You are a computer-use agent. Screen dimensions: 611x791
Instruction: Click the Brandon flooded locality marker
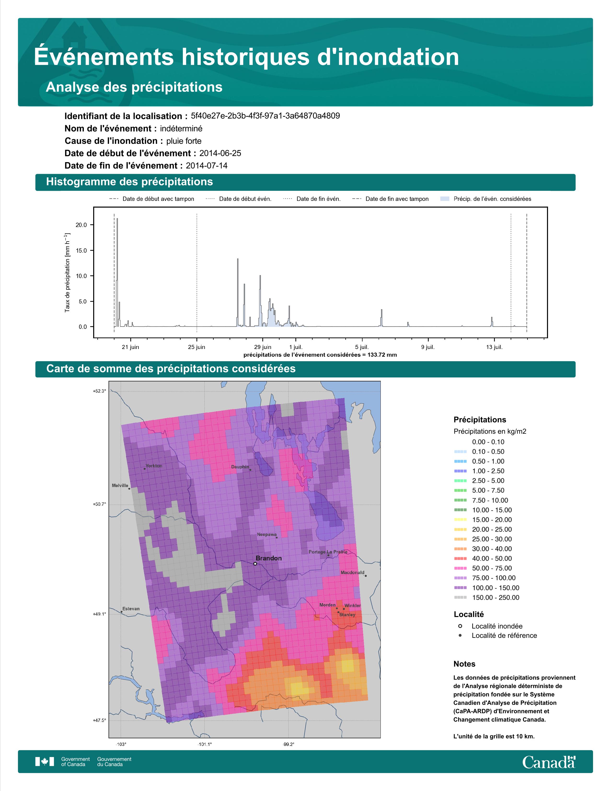tap(255, 564)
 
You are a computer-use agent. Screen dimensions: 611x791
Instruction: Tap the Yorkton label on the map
tap(154, 466)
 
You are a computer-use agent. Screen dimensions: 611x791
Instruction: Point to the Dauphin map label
tap(240, 467)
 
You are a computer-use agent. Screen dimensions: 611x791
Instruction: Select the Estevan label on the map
tap(131, 609)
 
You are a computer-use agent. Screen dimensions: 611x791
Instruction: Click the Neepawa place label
tap(267, 535)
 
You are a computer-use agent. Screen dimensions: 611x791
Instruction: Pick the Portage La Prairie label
tap(328, 552)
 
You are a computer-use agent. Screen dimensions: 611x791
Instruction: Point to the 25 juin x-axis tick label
tap(196, 347)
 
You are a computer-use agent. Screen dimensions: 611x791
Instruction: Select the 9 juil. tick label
tap(428, 347)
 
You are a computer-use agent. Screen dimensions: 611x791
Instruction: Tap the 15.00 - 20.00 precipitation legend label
tap(492, 520)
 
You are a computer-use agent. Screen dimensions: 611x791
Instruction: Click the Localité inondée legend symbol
tap(460, 626)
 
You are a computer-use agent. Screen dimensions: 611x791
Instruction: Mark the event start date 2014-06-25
tap(220, 153)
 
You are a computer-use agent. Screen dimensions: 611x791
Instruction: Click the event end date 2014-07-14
tap(207, 166)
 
